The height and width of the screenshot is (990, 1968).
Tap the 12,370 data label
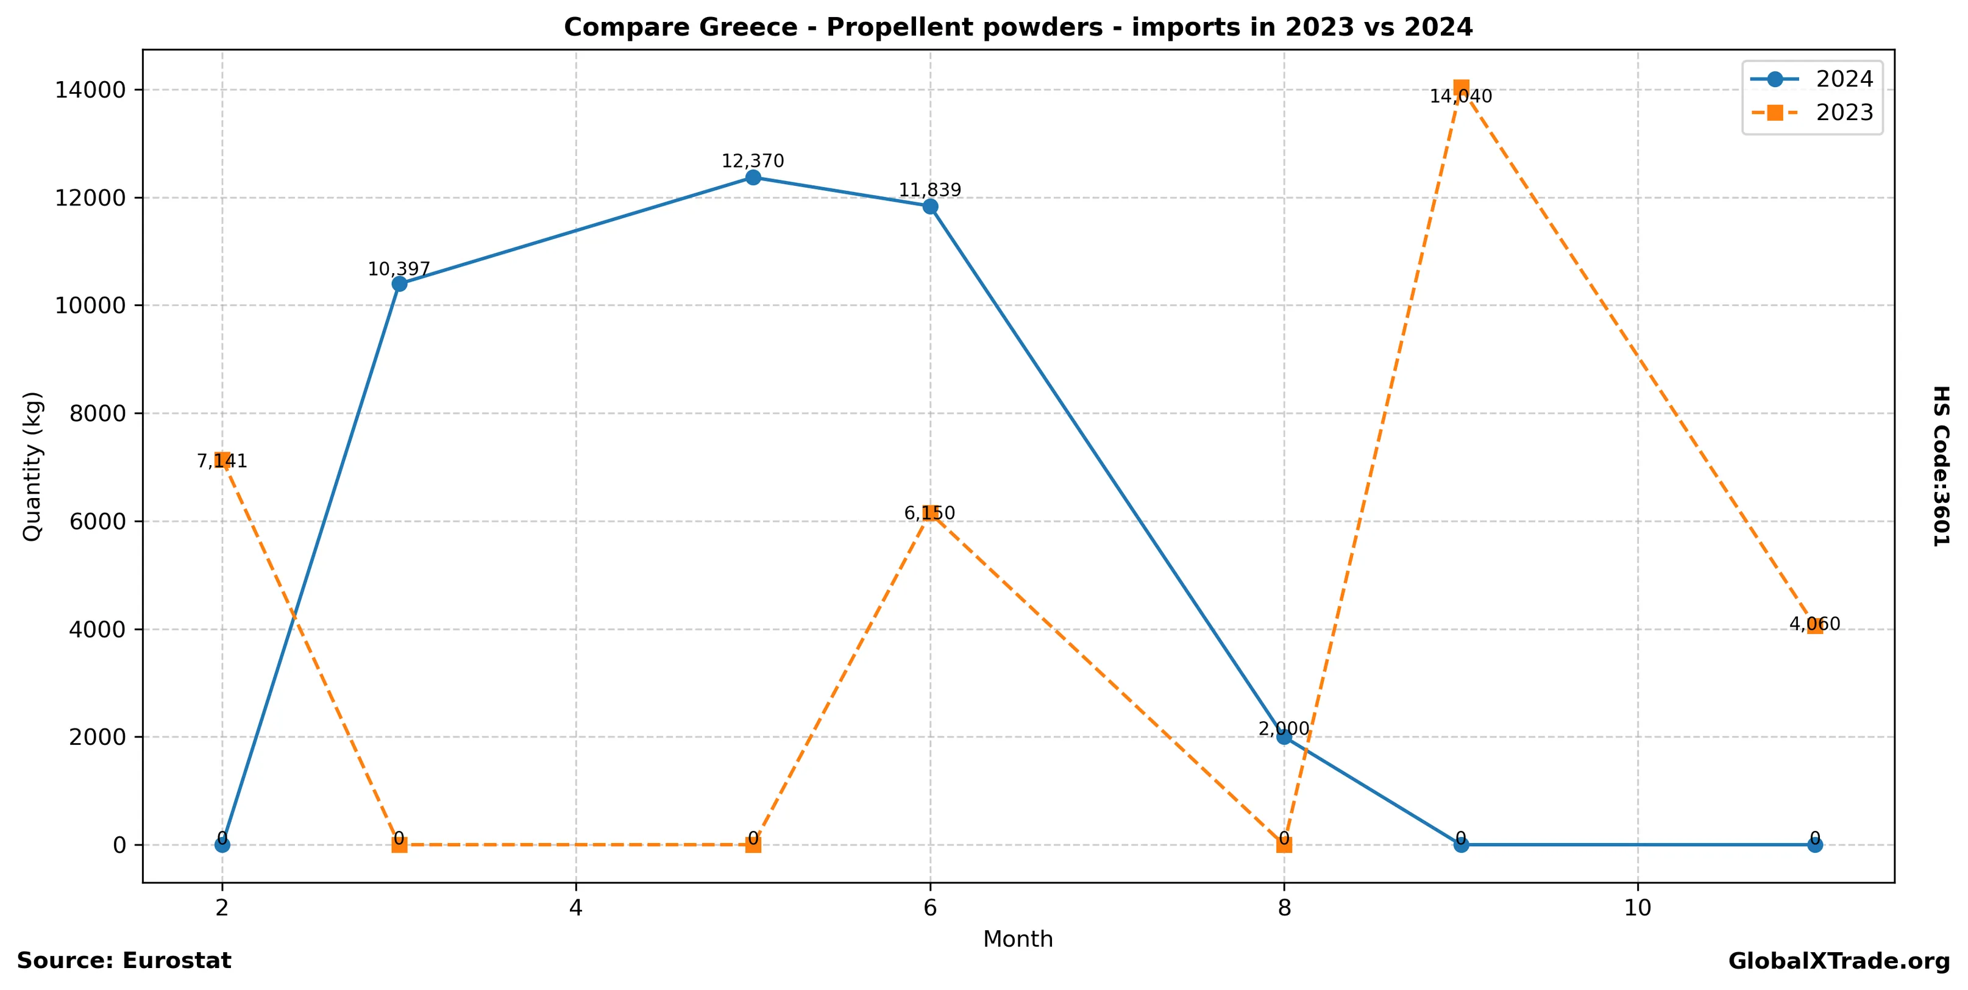point(753,161)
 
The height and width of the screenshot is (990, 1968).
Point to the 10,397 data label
point(399,269)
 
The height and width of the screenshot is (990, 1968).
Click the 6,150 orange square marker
point(930,513)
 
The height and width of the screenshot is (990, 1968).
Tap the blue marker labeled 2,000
point(1284,736)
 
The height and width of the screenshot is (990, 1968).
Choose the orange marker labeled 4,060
point(1814,625)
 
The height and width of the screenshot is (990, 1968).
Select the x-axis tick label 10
point(1637,908)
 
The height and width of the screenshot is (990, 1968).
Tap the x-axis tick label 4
point(575,908)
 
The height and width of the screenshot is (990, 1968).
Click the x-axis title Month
point(1018,939)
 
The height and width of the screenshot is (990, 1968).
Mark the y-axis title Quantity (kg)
point(32,466)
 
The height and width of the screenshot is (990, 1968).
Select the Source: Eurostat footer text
point(124,960)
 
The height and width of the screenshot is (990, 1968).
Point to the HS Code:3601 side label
point(1941,466)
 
